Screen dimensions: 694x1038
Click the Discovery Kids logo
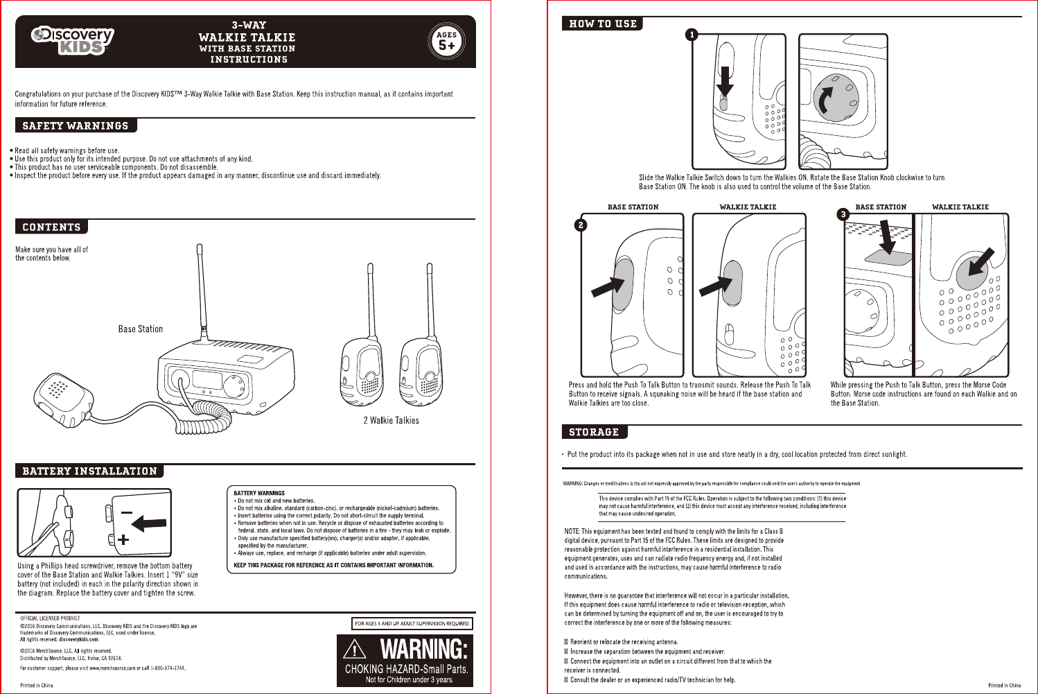(x=73, y=41)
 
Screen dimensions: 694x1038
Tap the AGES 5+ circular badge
(x=447, y=42)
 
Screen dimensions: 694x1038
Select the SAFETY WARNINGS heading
(x=76, y=125)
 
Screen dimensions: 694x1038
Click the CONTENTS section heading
(x=51, y=227)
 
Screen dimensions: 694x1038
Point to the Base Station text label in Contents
(x=141, y=329)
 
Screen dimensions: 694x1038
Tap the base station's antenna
(x=201, y=291)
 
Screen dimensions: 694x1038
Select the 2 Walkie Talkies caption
(x=391, y=420)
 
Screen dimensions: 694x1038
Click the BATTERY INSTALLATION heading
(x=90, y=471)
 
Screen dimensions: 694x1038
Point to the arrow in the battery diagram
(x=149, y=523)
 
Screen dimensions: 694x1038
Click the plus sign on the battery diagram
(x=123, y=539)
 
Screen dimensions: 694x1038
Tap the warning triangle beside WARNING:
(x=355, y=650)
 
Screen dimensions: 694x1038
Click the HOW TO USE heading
(x=602, y=24)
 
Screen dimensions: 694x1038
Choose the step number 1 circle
(x=692, y=35)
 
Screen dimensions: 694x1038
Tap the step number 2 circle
(x=581, y=225)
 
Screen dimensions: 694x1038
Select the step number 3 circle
(x=843, y=214)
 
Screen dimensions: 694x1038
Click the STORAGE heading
(x=594, y=432)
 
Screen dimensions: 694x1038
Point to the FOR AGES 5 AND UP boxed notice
(x=412, y=623)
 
